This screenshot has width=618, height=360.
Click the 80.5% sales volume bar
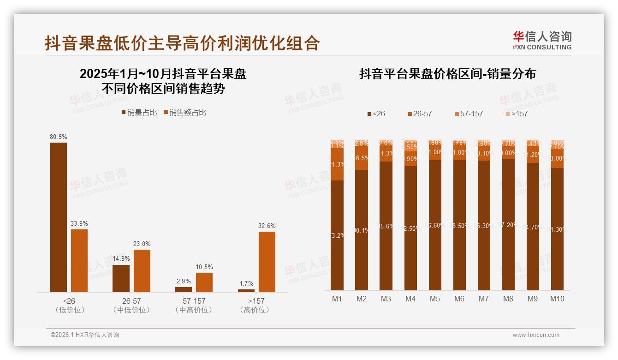[59, 217]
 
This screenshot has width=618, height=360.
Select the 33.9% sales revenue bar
[79, 260]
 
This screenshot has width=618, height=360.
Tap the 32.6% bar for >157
[267, 261]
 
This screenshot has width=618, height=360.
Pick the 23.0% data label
[142, 244]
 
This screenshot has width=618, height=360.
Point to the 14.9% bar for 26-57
[121, 278]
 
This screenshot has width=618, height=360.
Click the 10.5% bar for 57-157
[204, 282]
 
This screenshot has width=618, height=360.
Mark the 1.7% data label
[246, 283]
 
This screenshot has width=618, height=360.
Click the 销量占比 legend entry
[139, 113]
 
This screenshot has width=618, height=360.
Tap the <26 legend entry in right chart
[376, 114]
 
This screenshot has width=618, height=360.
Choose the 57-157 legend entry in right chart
[468, 114]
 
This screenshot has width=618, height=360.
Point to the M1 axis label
[337, 299]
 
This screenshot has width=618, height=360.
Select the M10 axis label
[557, 299]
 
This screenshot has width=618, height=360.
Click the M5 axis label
[435, 299]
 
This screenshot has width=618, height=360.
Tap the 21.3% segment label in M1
[337, 164]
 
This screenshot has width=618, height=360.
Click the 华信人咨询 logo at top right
[542, 40]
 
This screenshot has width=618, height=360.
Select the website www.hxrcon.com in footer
[536, 335]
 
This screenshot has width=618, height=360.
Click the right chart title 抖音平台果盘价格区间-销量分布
[447, 74]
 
